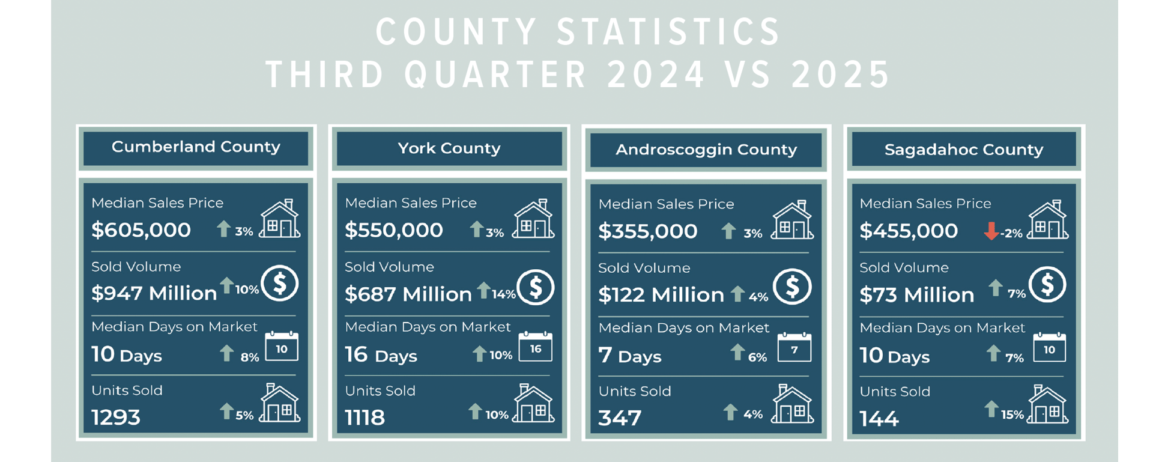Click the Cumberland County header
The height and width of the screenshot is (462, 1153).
[196, 147]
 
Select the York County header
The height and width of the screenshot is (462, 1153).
[449, 148]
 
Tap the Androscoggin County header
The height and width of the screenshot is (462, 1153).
[706, 150]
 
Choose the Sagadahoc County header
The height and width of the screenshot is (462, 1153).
[964, 150]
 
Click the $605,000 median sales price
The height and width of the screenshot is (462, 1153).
[141, 230]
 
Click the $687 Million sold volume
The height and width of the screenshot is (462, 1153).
[408, 294]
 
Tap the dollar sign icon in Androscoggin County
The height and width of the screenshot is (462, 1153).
[792, 287]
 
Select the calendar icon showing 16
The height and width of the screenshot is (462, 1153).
[535, 347]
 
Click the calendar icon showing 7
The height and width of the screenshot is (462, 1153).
[794, 348]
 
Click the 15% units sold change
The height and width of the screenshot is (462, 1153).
[1012, 415]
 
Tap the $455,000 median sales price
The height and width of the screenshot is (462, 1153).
[909, 231]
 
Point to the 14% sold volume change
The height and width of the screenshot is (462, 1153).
[504, 294]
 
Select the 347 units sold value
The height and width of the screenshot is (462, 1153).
[620, 418]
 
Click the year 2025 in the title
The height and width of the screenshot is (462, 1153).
[841, 75]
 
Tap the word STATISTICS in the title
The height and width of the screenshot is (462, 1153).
[668, 32]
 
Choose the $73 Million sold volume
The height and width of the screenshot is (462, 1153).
[916, 295]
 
